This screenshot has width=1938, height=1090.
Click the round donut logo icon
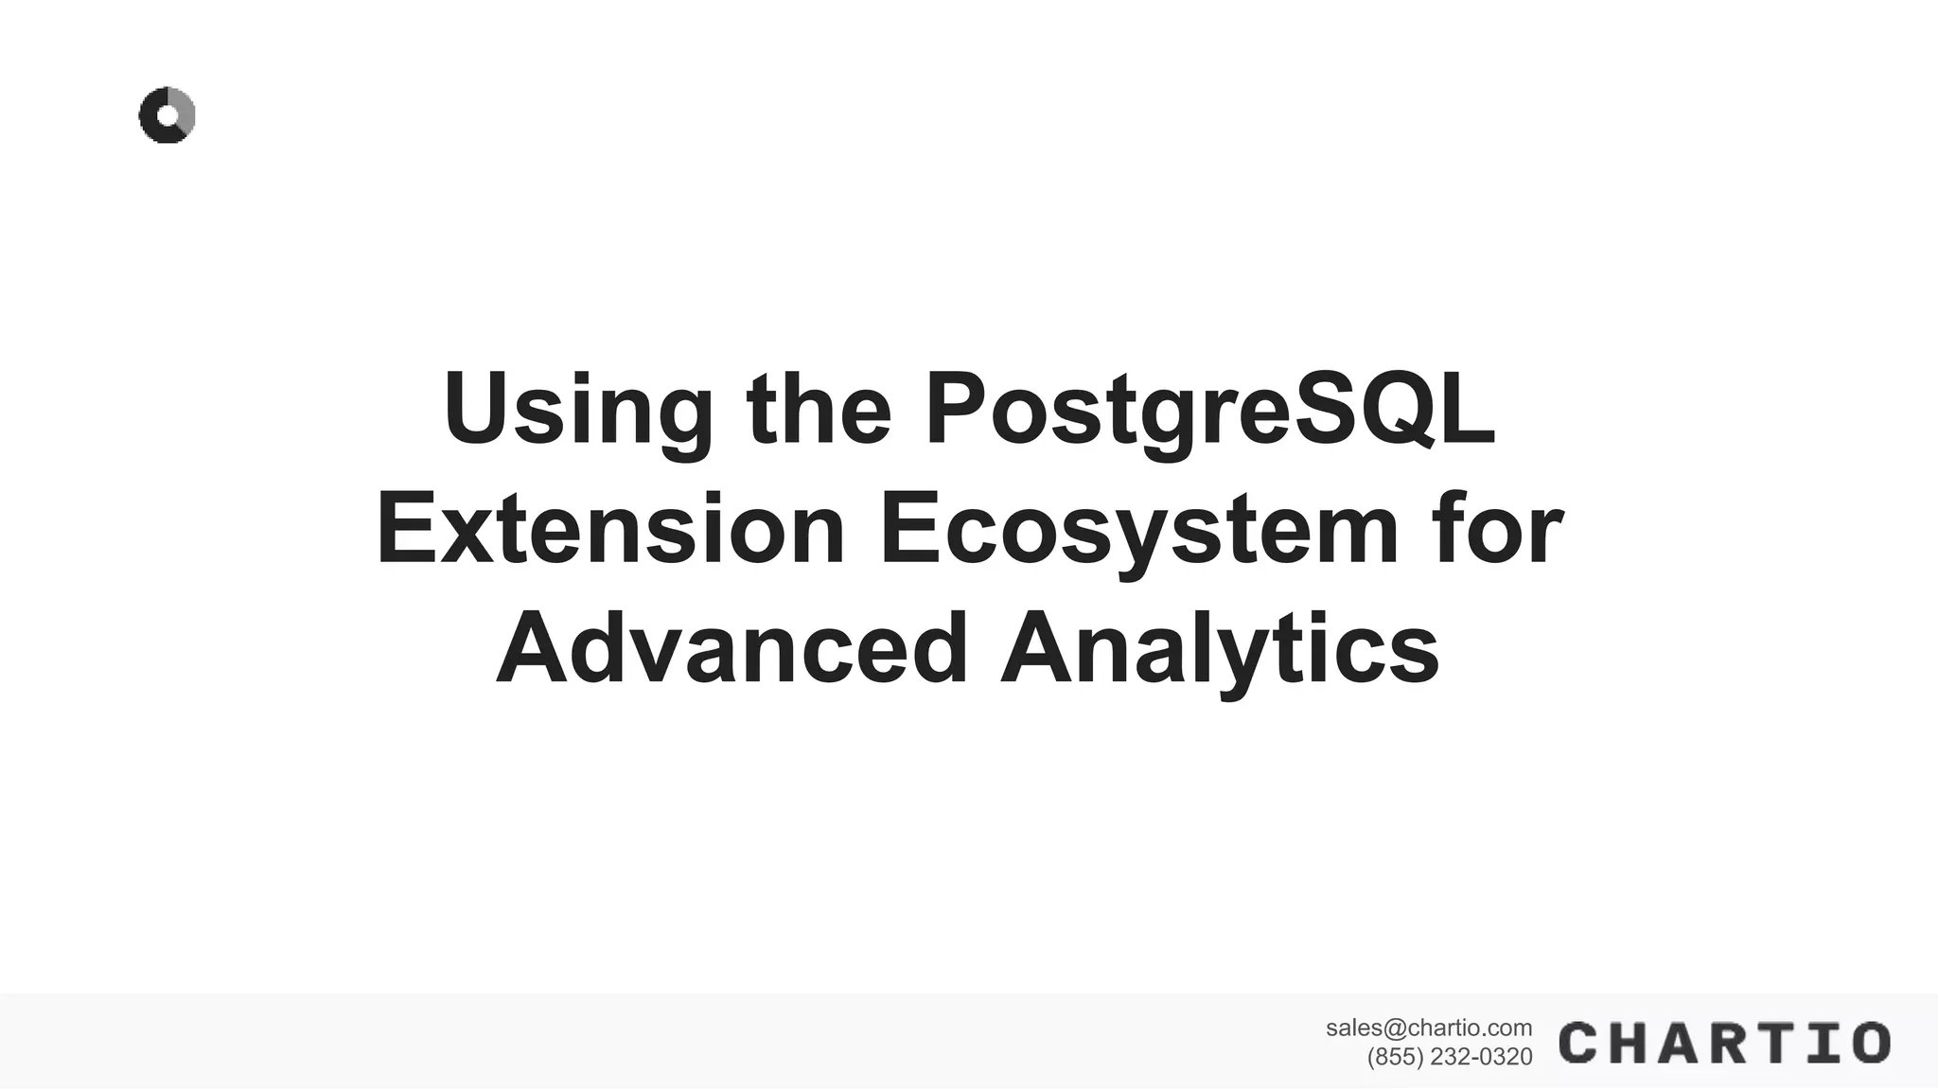coord(167,115)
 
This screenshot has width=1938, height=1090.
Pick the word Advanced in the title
coord(731,649)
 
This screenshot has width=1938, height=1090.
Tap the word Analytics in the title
coord(1220,649)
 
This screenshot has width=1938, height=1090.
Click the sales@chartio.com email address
coord(1428,1028)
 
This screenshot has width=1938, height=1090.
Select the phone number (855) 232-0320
coord(1449,1057)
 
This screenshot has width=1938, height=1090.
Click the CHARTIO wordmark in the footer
coord(1724,1042)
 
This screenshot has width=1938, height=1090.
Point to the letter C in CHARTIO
coord(1579,1042)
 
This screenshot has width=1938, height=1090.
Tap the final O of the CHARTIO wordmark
coord(1871,1042)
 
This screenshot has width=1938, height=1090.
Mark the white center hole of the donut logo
coord(168,116)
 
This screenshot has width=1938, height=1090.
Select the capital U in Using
coord(479,410)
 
